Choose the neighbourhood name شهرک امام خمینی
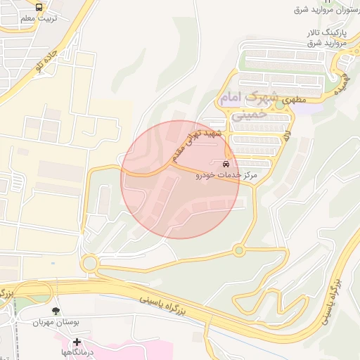pos(249,105)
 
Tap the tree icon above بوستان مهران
pos(55,310)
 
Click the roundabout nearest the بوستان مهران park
pos(90,264)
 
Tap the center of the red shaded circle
pos(181,179)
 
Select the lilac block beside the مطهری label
pos(309,108)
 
